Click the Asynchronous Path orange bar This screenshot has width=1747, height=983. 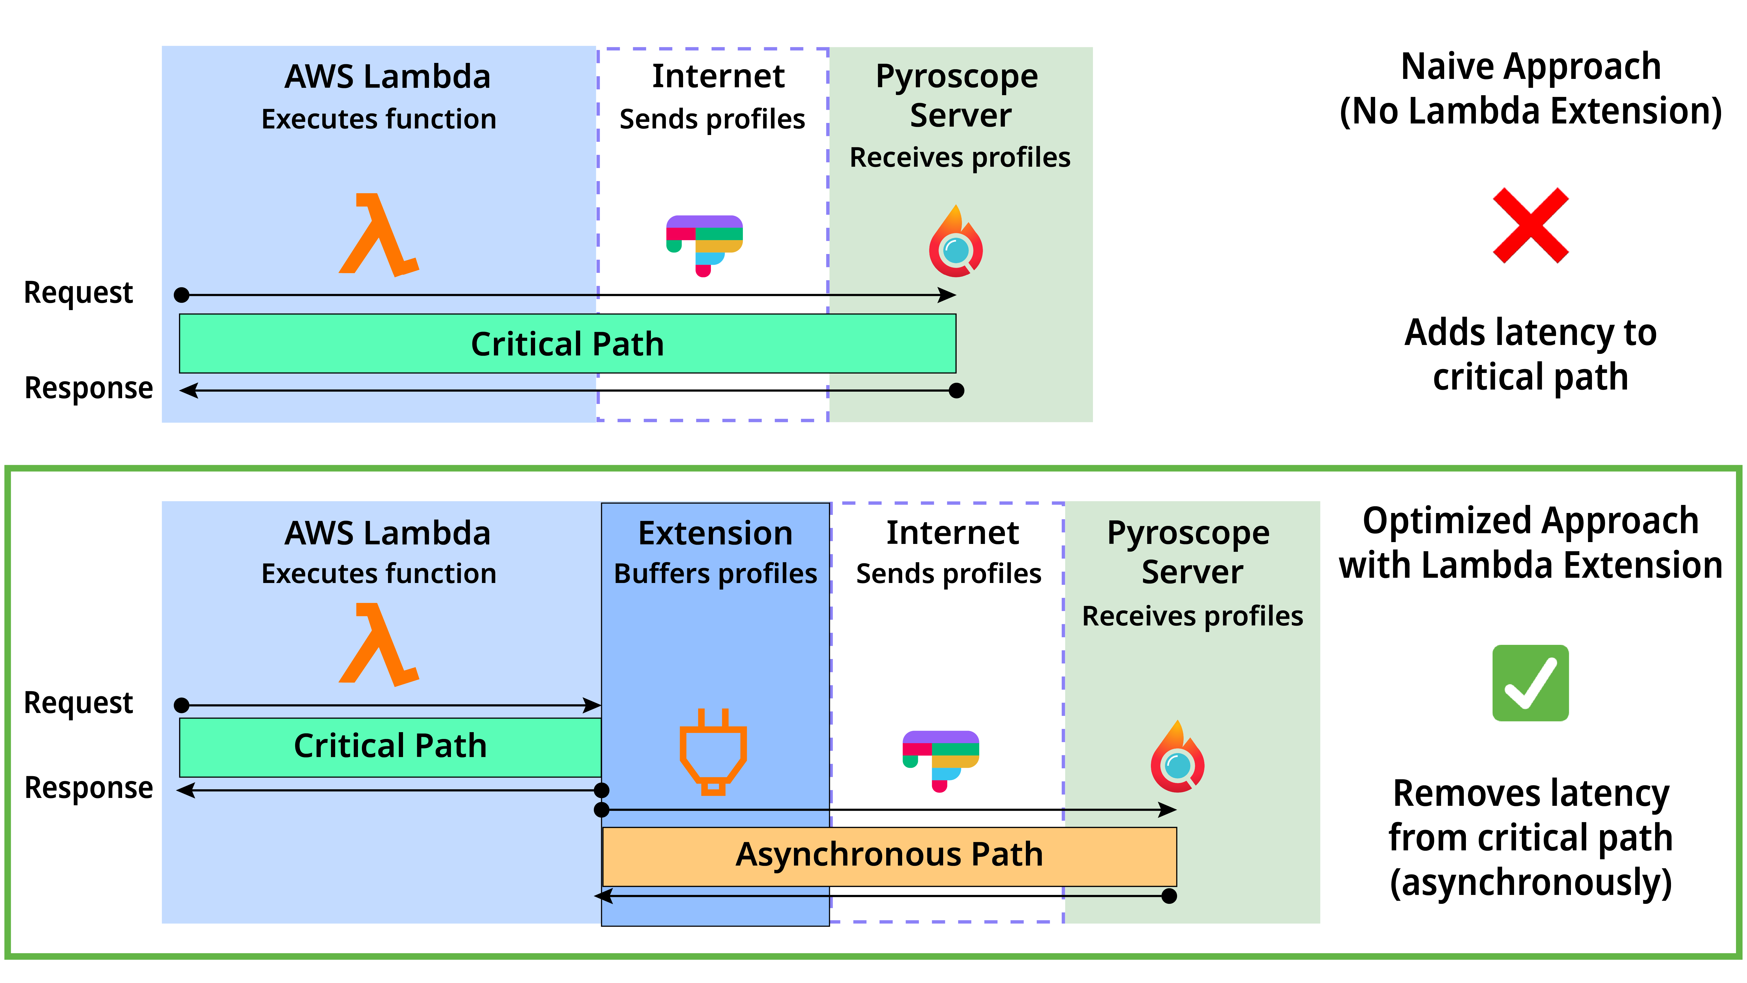(889, 855)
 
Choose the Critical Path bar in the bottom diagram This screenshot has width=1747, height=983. (390, 746)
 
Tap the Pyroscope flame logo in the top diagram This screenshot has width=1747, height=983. (956, 242)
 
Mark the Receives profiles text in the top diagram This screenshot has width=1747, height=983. (960, 157)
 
